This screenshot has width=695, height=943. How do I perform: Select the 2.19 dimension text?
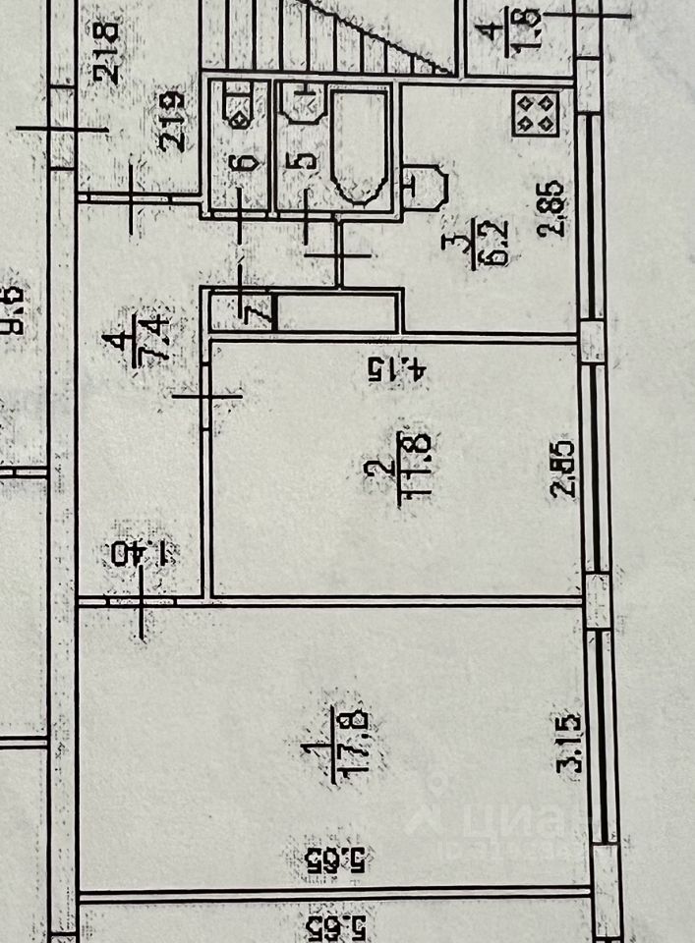tap(175, 120)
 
